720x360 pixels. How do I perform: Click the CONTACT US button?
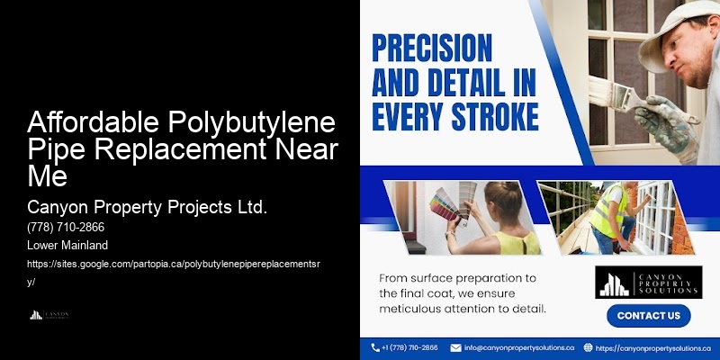coord(648,316)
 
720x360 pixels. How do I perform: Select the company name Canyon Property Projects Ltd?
coord(148,208)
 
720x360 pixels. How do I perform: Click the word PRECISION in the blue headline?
coord(433,48)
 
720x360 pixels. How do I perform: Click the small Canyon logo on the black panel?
coord(49,315)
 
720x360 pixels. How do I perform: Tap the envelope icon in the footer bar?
coord(455,347)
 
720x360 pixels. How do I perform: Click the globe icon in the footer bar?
coord(588,347)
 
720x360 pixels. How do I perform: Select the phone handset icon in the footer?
coord(374,347)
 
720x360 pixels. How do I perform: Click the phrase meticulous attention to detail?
coord(462,310)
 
